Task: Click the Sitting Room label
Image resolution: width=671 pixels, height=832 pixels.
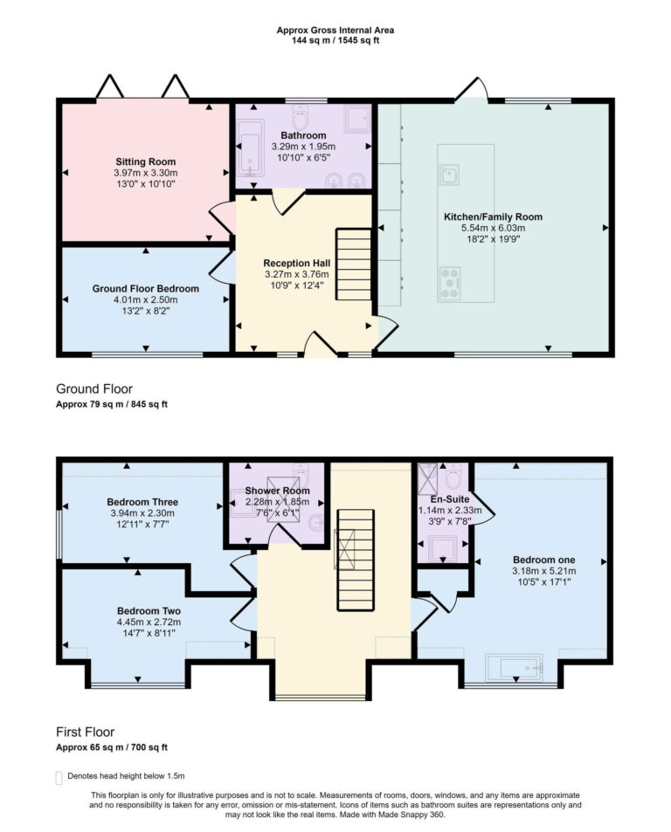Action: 145,162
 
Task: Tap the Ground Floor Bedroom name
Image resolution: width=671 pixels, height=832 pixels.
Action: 145,288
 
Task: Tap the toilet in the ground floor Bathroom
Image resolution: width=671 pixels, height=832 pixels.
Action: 301,118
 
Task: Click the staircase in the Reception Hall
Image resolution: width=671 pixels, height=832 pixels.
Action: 355,262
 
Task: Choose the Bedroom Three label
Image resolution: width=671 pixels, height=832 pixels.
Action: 142,502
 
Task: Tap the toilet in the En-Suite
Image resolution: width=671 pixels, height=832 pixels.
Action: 454,479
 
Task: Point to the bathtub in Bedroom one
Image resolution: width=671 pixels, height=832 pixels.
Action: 515,669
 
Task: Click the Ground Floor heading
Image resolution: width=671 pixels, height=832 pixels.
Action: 94,388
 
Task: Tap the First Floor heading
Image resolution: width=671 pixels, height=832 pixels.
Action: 85,732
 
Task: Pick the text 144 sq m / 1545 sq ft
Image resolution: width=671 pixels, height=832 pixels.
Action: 335,40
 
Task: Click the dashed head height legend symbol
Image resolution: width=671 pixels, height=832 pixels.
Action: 59,776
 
